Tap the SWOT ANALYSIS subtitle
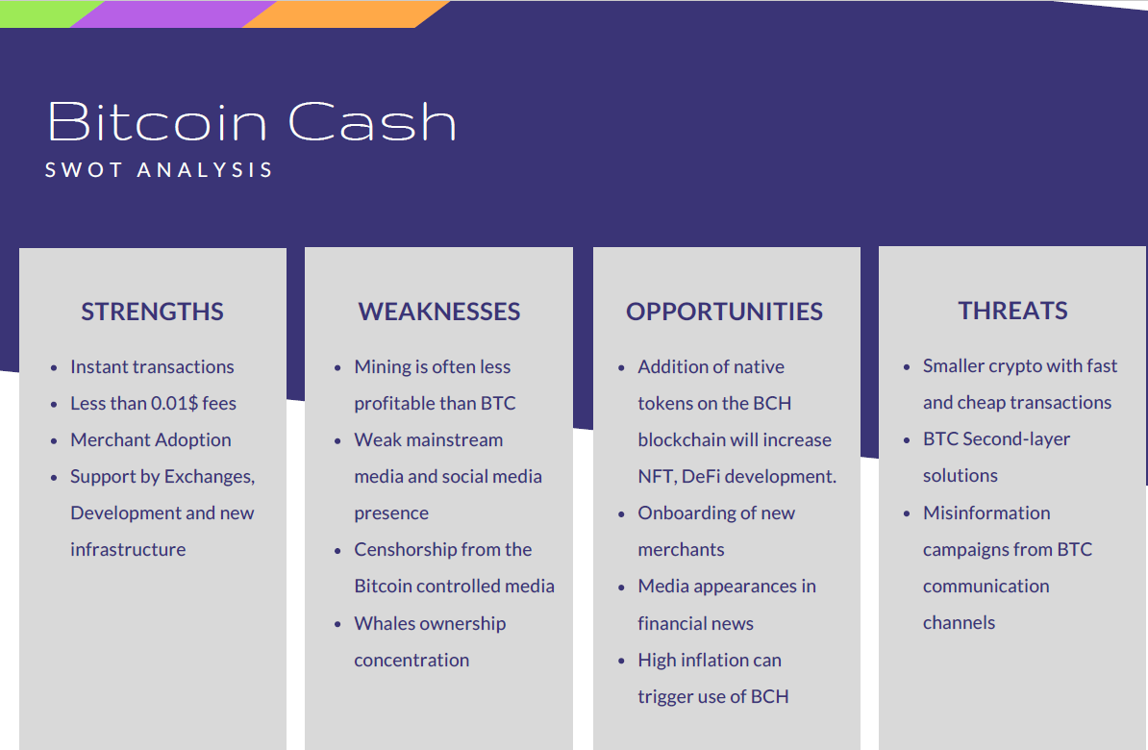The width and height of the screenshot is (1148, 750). [x=159, y=170]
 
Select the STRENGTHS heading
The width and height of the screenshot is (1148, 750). [x=152, y=312]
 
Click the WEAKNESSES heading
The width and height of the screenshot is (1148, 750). [x=439, y=312]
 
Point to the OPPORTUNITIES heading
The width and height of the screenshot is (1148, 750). [x=725, y=312]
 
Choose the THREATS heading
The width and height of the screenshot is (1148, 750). [x=1013, y=311]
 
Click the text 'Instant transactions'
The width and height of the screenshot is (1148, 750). [x=152, y=366]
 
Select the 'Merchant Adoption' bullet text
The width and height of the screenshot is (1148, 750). [x=151, y=439]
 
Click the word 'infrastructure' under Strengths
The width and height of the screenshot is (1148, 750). [x=128, y=549]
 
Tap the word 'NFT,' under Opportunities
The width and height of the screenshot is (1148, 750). [x=657, y=476]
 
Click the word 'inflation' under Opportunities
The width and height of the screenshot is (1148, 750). [x=715, y=660]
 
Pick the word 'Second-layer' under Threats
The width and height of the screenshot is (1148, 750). [x=1016, y=438]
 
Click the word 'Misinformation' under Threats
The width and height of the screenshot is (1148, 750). [x=986, y=512]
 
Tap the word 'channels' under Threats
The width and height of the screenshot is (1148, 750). [x=960, y=622]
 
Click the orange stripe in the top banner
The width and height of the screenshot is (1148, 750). [x=345, y=13]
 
